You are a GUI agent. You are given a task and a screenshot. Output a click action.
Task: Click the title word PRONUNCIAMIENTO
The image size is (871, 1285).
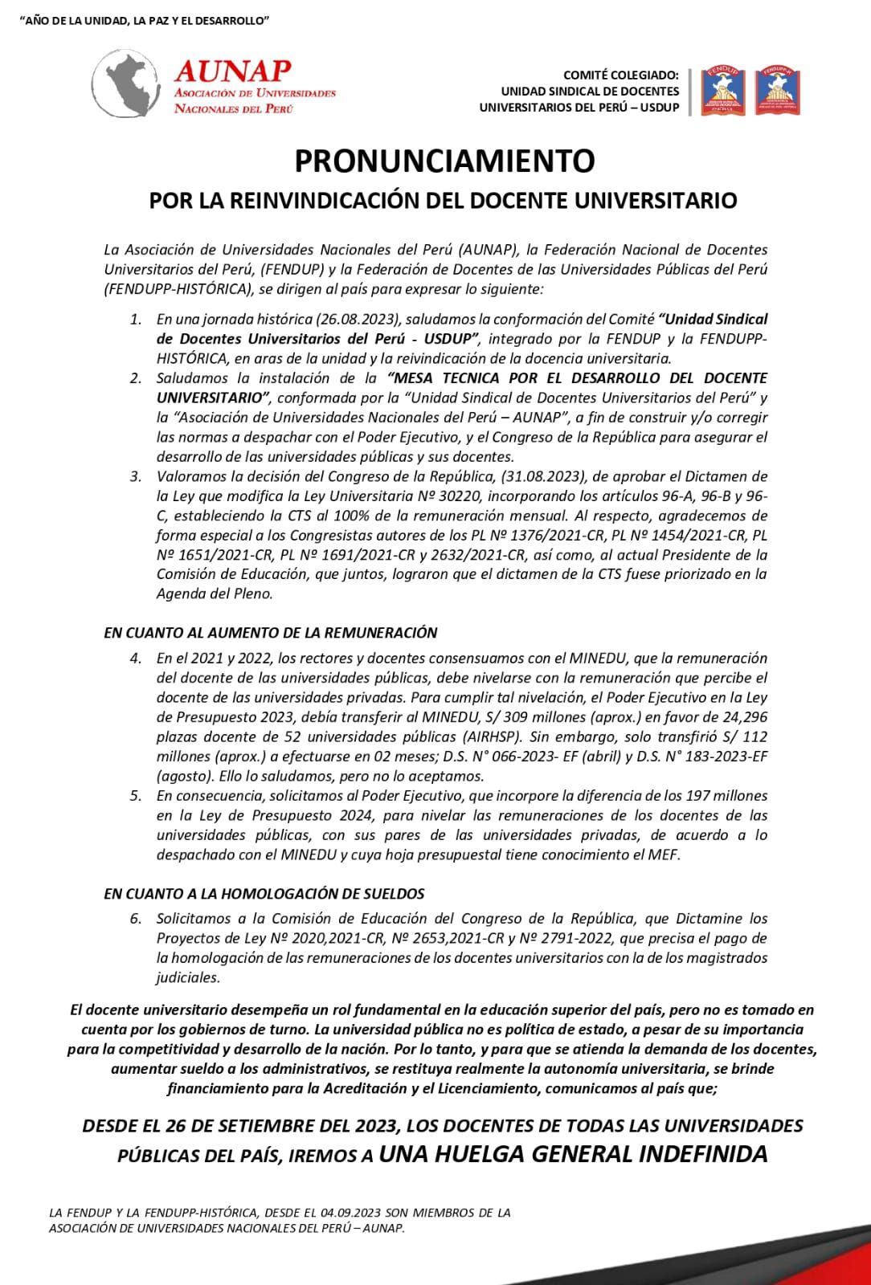pyautogui.click(x=444, y=161)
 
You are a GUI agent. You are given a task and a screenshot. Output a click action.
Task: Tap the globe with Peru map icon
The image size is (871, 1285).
pyautogui.click(x=129, y=83)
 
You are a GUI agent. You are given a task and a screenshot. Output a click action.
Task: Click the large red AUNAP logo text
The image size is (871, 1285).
pyautogui.click(x=232, y=71)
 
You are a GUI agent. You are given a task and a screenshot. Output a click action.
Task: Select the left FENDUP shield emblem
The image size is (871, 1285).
pyautogui.click(x=724, y=91)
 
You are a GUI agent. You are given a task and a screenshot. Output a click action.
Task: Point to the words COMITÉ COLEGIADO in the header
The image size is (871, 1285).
pyautogui.click(x=621, y=75)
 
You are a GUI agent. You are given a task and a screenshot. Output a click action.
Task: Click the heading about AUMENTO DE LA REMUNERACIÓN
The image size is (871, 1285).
pyautogui.click(x=270, y=633)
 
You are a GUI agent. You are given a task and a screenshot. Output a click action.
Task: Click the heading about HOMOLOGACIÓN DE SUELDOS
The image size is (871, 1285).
pyautogui.click(x=264, y=893)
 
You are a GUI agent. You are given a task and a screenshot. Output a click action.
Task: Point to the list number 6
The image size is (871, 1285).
pyautogui.click(x=136, y=918)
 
